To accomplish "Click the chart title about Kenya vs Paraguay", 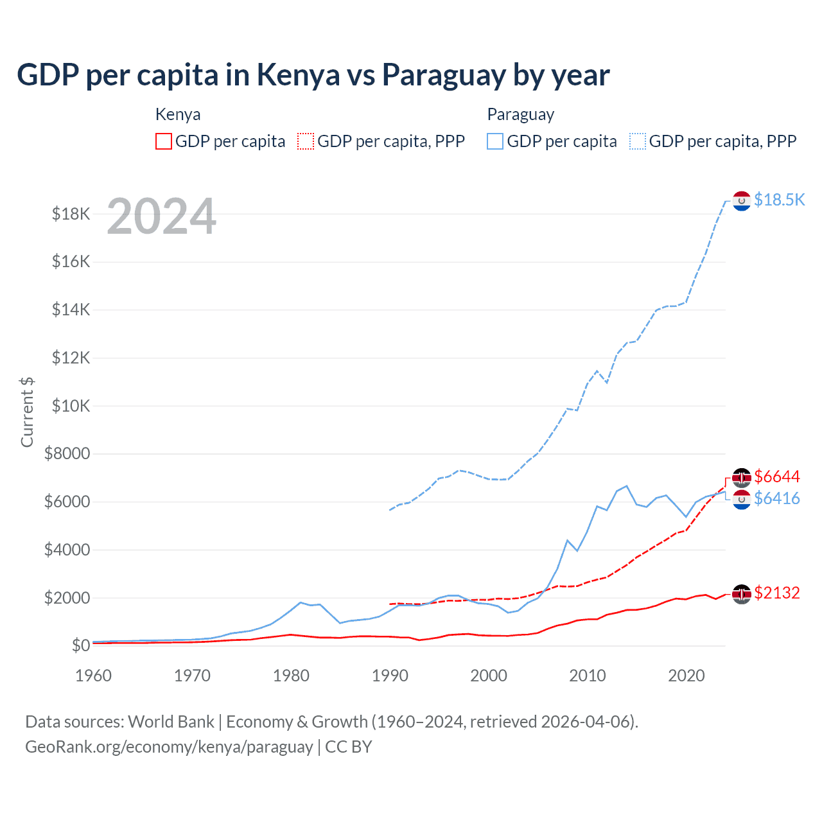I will [x=313, y=75].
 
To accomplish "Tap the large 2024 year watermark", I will [x=161, y=217].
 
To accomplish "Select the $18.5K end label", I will [x=779, y=200].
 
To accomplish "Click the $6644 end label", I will [x=776, y=477].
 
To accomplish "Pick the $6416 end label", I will [x=776, y=498].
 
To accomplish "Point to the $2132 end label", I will [x=776, y=593].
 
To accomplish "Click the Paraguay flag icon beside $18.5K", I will [x=742, y=201].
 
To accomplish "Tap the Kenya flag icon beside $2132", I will [x=742, y=594].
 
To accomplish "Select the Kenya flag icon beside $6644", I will [x=742, y=477].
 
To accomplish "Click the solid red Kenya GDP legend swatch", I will [x=164, y=141].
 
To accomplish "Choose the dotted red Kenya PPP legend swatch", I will [x=306, y=141].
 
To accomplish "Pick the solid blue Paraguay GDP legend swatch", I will [x=495, y=141].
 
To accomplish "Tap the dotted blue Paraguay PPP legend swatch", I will [x=638, y=141].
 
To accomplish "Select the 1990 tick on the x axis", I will [x=390, y=676].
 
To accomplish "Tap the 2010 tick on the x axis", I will [x=588, y=676].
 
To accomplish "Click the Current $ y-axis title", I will [x=27, y=412].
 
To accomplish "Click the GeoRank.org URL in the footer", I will [x=169, y=747].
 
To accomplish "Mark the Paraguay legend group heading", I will [x=520, y=114].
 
